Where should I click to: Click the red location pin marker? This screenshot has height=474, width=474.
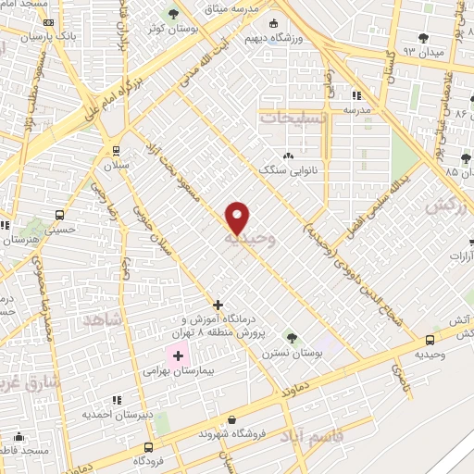pos(238,218)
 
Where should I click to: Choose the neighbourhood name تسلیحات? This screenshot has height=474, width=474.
pos(294,118)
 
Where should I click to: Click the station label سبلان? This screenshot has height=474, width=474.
pos(115,165)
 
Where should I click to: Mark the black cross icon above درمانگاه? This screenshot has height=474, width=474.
pos(218,304)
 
